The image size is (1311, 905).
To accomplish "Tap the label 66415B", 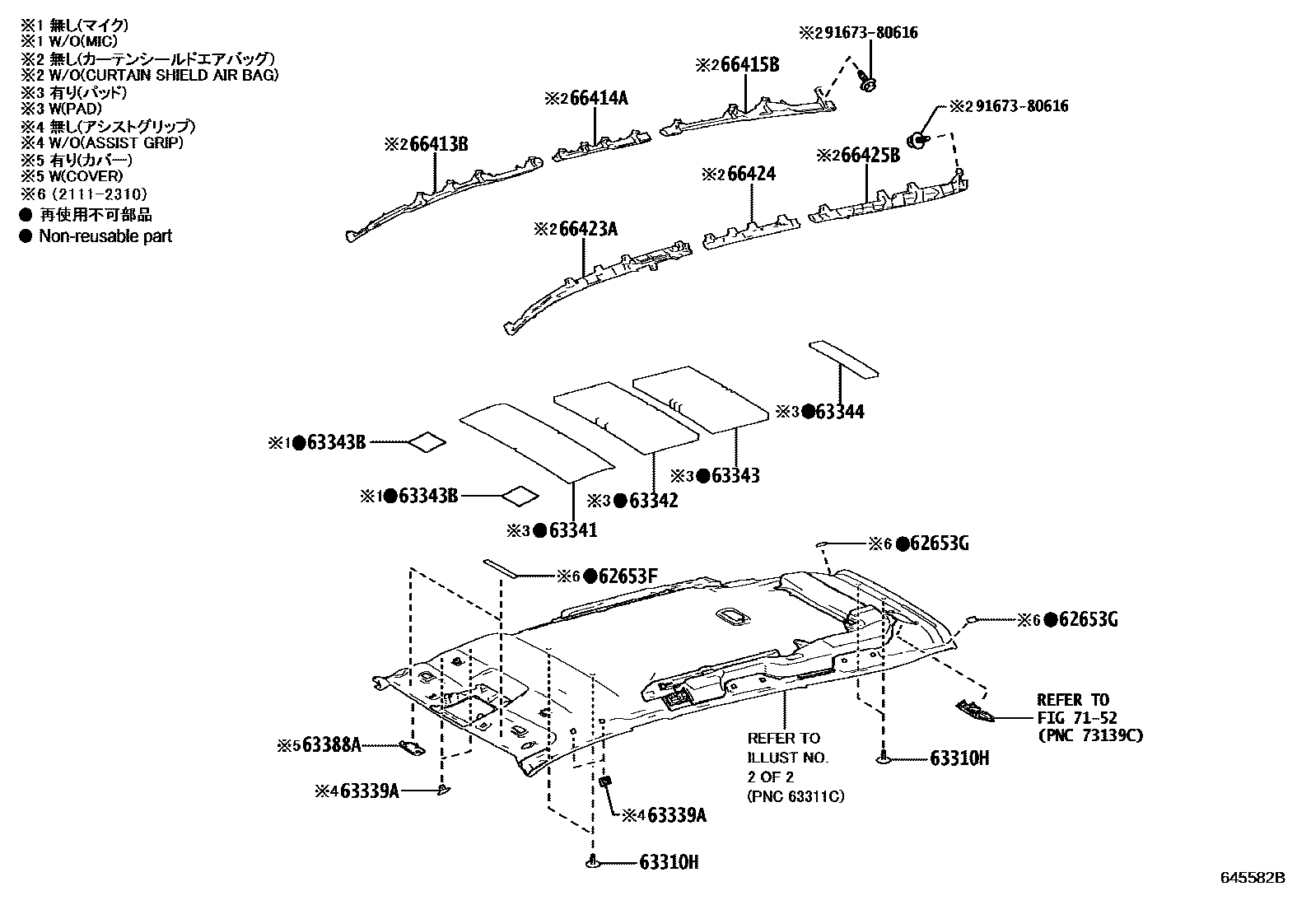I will [749, 65].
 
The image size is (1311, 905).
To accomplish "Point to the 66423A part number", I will [588, 229].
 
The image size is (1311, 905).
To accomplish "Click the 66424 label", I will [752, 175].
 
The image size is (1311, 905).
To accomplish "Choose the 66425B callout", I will [870, 155].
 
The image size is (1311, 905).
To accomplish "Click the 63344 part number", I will [839, 413].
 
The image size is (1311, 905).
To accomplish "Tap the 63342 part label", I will [653, 501].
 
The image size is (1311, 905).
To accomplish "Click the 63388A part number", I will [332, 746].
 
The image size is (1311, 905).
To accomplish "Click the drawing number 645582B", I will [1252, 878].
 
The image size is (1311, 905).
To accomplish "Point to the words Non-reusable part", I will [105, 236].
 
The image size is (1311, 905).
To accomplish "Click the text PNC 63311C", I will [795, 796].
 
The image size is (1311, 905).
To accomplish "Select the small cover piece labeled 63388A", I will [413, 747].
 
